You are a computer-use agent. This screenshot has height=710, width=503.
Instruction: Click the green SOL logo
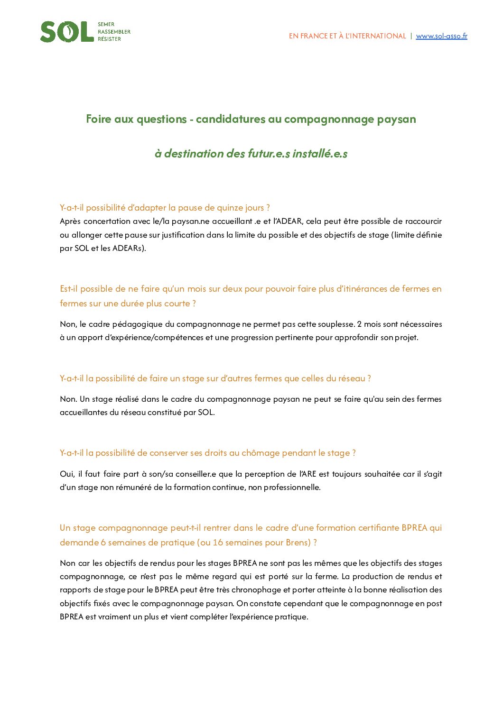tap(67, 32)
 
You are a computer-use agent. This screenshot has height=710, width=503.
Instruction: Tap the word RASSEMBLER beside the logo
tap(114, 32)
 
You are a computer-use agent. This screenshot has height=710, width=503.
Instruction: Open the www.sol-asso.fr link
tap(441, 36)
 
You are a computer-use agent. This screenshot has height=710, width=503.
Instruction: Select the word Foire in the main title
tap(97, 119)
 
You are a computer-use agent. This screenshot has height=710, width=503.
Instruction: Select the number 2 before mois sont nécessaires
tap(359, 324)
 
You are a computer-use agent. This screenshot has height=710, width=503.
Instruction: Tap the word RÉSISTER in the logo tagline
tap(109, 39)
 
